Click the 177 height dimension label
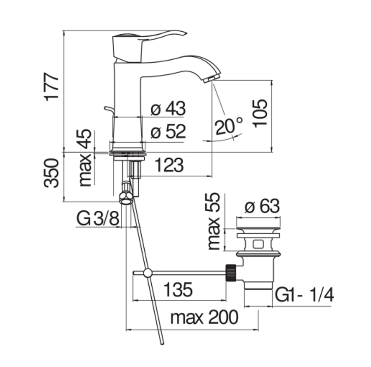point(52,87)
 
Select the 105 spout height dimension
point(260,113)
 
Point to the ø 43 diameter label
point(168,108)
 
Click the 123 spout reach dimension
point(169,165)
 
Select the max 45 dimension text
point(85,158)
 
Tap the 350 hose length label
point(51,173)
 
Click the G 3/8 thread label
point(98,219)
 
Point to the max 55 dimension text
point(214,221)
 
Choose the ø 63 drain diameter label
point(262,206)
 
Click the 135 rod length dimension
point(178,289)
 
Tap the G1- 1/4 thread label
point(304,295)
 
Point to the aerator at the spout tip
point(212,78)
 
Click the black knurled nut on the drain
point(231,273)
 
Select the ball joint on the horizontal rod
point(148,273)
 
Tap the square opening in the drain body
point(258,244)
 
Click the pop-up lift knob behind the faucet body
point(108,110)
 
